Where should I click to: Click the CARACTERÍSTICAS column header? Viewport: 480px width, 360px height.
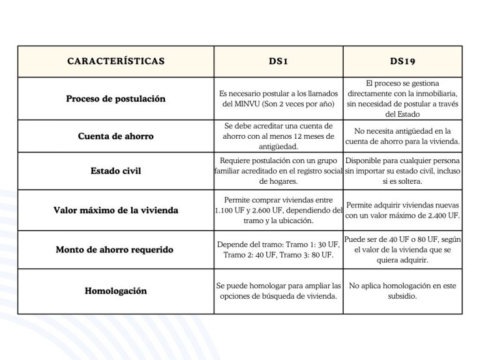point(116,61)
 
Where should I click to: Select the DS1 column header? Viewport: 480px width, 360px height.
point(278,61)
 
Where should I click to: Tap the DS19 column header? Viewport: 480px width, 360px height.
point(403,61)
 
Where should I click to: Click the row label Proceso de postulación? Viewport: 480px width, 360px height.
point(116,99)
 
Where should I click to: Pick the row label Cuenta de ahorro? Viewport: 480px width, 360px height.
point(116,136)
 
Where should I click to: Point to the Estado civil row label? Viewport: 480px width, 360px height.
point(116,171)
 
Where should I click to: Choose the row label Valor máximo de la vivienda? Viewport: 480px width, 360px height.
point(116,210)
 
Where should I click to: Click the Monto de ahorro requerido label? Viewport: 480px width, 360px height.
point(116,249)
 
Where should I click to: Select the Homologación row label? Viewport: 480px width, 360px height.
point(116,291)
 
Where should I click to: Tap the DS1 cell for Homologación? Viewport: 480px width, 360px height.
point(278,291)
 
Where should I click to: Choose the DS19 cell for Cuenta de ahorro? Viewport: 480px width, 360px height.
point(403,136)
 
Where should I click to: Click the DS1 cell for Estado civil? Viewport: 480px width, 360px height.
point(278,171)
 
